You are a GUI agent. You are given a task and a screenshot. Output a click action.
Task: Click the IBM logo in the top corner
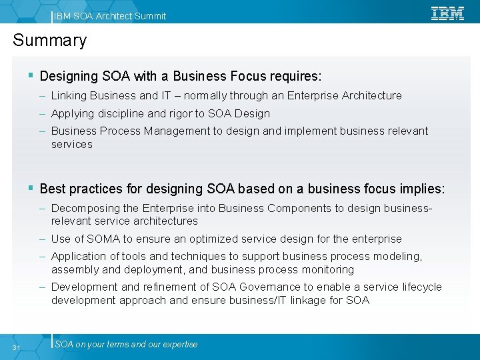click(447, 13)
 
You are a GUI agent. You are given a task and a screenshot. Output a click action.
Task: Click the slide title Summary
click(50, 41)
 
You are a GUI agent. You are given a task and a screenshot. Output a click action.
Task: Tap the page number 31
click(17, 347)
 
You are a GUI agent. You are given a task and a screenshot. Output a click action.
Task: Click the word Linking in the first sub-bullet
click(69, 96)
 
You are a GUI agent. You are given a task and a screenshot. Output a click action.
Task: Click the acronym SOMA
click(103, 239)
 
